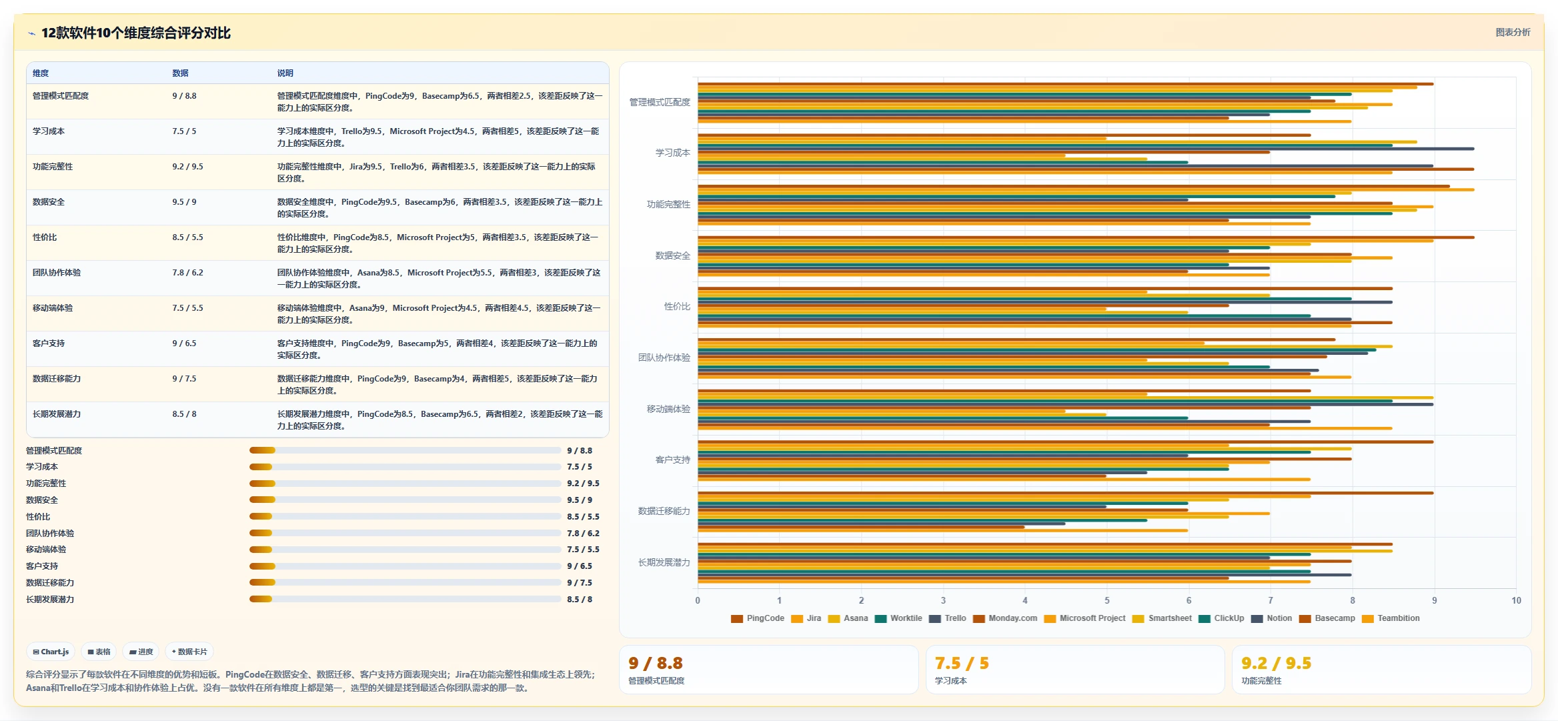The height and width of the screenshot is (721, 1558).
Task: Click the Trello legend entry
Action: coord(948,618)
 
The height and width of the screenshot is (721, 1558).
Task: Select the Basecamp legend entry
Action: coord(1327,618)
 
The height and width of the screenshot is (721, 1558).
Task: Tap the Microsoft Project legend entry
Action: coord(1085,618)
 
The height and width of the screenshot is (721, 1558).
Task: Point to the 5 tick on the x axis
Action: coord(1107,600)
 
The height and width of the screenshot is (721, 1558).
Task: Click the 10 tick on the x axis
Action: coord(1516,600)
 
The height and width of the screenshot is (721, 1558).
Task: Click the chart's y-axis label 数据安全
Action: coord(672,255)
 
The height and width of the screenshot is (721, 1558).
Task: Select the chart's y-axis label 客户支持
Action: coord(672,460)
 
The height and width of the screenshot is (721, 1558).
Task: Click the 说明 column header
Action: coord(285,73)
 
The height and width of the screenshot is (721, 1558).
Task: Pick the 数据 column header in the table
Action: coord(180,73)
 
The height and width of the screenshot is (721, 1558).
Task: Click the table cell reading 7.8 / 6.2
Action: coord(187,273)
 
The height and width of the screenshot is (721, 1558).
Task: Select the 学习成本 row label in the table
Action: coord(49,131)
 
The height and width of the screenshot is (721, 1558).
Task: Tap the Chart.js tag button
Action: coord(51,652)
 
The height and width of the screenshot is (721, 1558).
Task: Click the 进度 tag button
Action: coord(141,652)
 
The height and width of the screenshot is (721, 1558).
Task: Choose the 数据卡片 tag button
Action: coord(189,652)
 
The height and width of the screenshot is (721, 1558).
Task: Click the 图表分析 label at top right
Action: coord(1513,32)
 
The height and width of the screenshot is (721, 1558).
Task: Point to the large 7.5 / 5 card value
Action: coord(962,663)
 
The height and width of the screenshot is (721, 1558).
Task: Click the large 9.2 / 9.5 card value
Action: coord(1276,663)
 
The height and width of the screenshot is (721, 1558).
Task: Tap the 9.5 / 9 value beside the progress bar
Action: coord(580,500)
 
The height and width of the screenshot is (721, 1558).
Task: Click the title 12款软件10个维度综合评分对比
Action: coord(136,33)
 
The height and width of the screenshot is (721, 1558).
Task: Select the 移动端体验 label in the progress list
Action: coord(46,550)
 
